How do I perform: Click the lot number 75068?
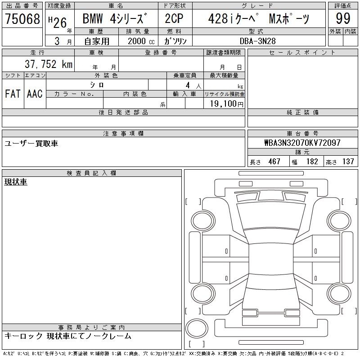click(22, 18)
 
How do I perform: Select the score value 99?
click(343, 18)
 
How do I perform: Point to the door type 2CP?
click(174, 18)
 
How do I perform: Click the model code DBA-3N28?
click(257, 41)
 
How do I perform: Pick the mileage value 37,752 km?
click(49, 64)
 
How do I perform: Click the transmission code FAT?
click(13, 94)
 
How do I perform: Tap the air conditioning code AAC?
click(35, 94)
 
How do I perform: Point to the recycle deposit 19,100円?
click(227, 104)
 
